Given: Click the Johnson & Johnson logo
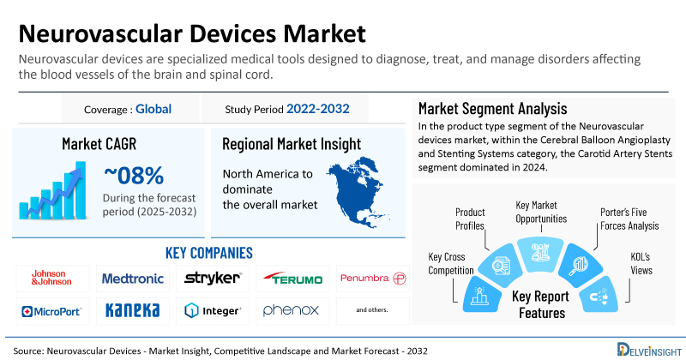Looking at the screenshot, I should [x=48, y=278].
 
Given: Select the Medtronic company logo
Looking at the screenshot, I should [x=132, y=278].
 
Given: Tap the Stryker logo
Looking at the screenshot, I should [x=213, y=278].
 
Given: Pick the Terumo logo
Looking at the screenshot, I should [x=293, y=279].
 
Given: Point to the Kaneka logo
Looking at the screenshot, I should [x=132, y=309].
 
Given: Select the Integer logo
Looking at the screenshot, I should [x=213, y=309].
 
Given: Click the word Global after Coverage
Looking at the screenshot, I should [x=153, y=109].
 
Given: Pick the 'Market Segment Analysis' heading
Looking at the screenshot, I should [x=492, y=109].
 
